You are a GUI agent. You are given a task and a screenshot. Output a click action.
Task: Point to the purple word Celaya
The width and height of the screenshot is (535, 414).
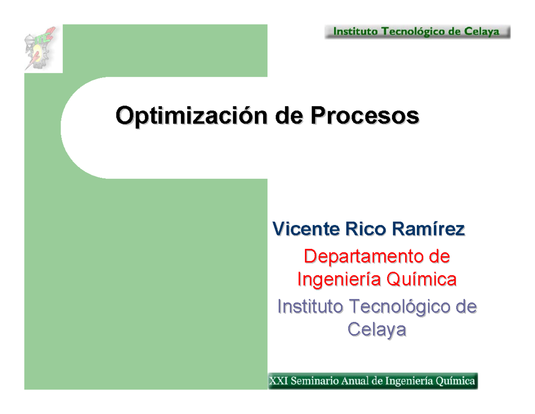click(377, 330)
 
